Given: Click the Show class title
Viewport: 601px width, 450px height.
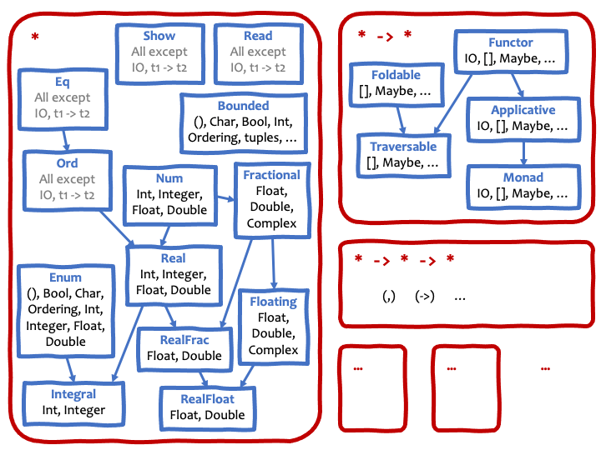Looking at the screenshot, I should point(159,36).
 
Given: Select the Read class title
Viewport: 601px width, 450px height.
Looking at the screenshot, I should point(258,36).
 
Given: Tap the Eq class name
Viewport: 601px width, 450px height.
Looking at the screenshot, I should point(63,82).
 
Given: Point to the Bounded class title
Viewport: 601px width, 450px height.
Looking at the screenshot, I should point(243,106).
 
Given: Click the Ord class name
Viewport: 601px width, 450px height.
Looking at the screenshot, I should point(67,163).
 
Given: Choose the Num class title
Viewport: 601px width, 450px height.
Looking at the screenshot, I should point(169,178).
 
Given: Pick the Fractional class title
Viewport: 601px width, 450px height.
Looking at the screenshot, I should point(271,175).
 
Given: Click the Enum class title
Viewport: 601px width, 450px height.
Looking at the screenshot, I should point(65,277).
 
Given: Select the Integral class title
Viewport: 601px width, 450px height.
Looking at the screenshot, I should point(73,394).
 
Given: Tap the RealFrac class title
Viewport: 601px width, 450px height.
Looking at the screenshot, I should point(184,339).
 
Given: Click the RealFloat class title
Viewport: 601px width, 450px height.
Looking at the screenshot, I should point(207,399).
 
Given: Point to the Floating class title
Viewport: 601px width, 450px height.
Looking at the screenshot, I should point(273,302).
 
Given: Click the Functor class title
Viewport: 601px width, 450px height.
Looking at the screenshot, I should point(511,42).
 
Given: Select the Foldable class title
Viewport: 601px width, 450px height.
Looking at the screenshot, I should point(396,75).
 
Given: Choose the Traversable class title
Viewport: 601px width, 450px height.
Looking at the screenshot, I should point(403,147).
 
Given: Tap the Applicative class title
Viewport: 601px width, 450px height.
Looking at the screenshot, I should point(523,110).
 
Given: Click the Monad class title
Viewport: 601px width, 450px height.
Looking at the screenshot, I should point(523,177).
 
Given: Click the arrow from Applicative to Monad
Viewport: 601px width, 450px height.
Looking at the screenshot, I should point(523,152).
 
